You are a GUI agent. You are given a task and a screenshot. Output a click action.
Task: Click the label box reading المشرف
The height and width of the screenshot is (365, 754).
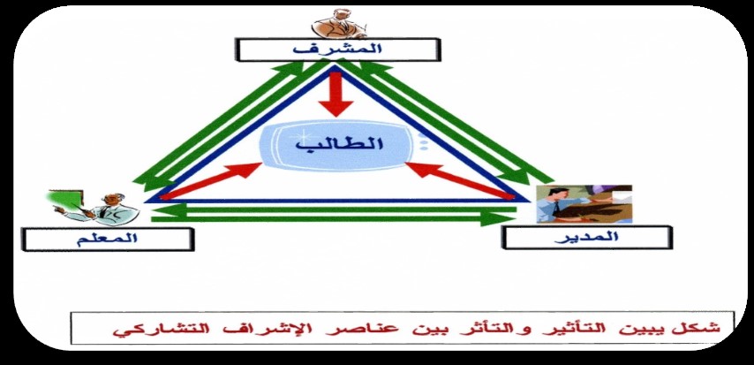coord(337,50)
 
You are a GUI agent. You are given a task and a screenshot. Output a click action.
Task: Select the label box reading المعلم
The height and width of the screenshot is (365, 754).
coord(108,240)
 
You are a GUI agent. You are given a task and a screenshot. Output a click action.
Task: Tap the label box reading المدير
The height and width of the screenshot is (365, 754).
coord(586,238)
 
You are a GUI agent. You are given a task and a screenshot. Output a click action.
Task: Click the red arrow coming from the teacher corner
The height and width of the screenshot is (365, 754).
coord(211,180)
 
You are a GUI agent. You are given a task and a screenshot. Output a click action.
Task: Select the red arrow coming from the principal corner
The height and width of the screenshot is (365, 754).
coord(461,180)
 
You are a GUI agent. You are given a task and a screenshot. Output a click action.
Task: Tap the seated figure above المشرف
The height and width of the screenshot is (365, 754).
coord(338,24)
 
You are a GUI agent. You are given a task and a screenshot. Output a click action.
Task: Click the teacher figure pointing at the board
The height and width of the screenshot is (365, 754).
coord(99,209)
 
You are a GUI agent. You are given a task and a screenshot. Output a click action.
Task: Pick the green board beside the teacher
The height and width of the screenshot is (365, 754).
coord(66,200)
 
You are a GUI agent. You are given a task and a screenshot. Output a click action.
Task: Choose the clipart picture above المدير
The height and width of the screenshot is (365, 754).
coord(584,204)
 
